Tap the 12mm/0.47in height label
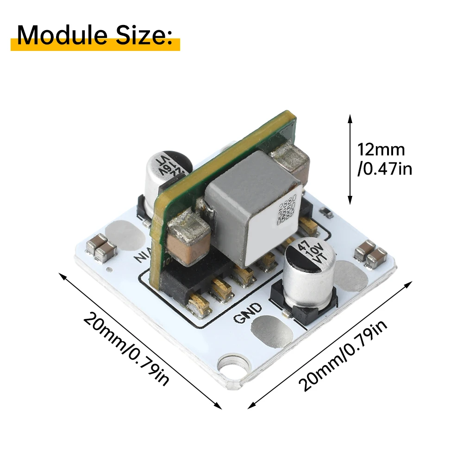(x=384, y=159)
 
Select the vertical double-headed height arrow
(x=350, y=160)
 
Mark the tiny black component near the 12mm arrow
(x=327, y=213)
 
